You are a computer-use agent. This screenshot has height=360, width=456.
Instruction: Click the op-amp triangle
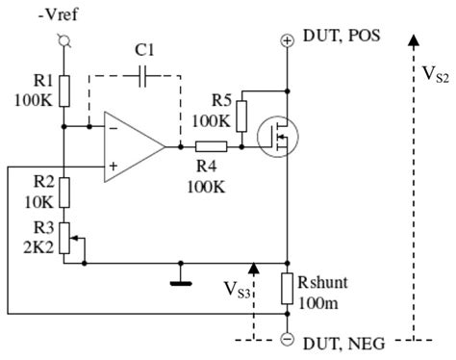(x=135, y=146)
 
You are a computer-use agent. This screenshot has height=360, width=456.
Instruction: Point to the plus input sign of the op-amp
(x=114, y=166)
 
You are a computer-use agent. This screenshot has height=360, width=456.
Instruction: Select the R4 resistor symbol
(x=213, y=146)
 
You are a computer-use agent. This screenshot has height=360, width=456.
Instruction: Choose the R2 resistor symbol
(x=63, y=193)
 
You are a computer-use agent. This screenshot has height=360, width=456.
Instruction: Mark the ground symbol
(x=178, y=283)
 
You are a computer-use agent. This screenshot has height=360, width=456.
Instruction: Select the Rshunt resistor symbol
(x=288, y=288)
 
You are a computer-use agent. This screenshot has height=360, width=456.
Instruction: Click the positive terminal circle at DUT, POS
(x=288, y=39)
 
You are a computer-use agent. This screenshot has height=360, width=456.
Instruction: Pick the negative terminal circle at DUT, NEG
(x=288, y=339)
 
